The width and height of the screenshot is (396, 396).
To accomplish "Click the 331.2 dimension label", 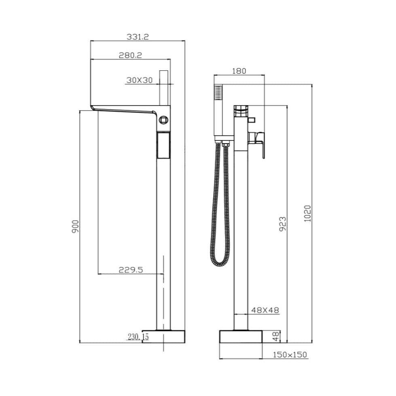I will [138, 36].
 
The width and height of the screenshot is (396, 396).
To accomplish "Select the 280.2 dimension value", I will [130, 55].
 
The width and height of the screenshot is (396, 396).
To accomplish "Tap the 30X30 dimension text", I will [139, 80].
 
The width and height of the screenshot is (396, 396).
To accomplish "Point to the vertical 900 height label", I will [75, 226].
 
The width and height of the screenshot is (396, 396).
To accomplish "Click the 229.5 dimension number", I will [131, 270].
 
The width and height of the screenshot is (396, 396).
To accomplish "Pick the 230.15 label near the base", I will [138, 337].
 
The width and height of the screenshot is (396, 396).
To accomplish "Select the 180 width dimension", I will [239, 71].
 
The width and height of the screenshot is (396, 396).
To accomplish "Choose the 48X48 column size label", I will [265, 310].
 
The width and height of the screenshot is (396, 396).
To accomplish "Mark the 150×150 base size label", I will [290, 355].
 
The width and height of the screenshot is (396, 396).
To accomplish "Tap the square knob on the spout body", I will [163, 120].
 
